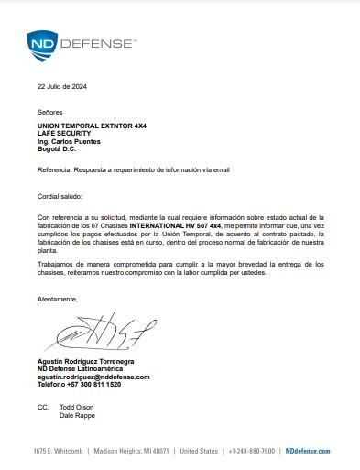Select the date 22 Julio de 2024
[61, 87]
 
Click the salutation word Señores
[50, 110]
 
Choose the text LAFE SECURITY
[64, 133]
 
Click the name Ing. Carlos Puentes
[69, 141]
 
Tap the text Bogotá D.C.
[56, 148]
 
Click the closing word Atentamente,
[58, 299]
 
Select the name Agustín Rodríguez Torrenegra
[85, 361]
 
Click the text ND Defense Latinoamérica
[80, 368]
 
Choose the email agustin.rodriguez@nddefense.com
[93, 377]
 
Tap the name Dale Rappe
[77, 415]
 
